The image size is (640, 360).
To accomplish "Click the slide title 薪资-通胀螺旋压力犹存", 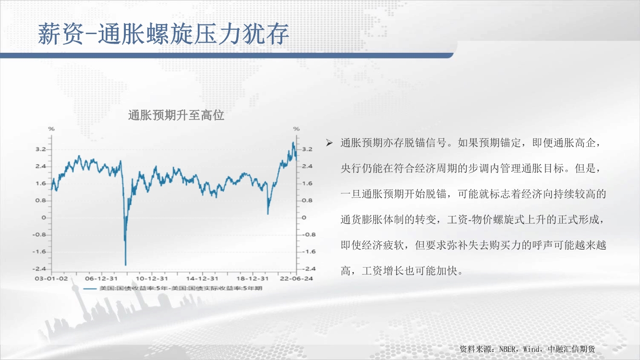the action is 163,34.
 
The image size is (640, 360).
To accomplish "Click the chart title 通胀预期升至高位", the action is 176,115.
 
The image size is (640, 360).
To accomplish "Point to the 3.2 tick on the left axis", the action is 40,149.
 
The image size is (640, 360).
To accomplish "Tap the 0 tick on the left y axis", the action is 44,218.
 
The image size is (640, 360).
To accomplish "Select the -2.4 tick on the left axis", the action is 39,269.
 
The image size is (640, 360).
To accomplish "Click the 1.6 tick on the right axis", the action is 307,183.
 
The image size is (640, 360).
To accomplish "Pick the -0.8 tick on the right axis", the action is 309,235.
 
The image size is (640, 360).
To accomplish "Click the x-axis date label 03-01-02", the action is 51,278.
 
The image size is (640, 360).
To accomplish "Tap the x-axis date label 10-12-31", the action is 152,278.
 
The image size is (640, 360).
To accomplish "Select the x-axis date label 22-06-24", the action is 297,278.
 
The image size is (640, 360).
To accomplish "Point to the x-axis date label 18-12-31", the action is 253,278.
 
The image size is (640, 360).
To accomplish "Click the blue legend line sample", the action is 90,288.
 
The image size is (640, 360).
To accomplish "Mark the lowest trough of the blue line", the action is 125,265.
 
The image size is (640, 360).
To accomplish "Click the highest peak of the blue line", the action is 293,143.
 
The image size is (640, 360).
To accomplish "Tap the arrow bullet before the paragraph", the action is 329,143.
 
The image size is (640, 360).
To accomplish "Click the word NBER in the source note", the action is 507,349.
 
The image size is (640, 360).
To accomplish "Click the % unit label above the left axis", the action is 51,129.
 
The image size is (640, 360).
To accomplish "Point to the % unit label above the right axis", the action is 297,129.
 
